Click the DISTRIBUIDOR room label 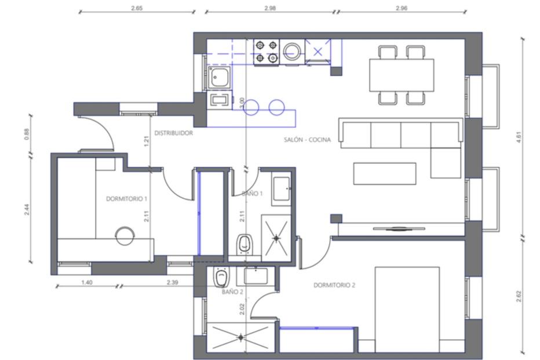[174, 133]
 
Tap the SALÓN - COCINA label [307, 140]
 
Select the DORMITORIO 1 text [127, 199]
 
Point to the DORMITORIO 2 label [334, 285]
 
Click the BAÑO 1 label [252, 194]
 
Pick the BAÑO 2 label [232, 292]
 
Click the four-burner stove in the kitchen [267, 52]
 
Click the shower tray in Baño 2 [240, 337]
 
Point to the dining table [402, 75]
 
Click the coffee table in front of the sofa [385, 174]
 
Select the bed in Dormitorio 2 [407, 310]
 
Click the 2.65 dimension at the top [137, 8]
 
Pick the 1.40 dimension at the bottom [87, 282]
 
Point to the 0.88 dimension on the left [27, 134]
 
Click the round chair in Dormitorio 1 [125, 236]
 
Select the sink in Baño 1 [282, 189]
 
